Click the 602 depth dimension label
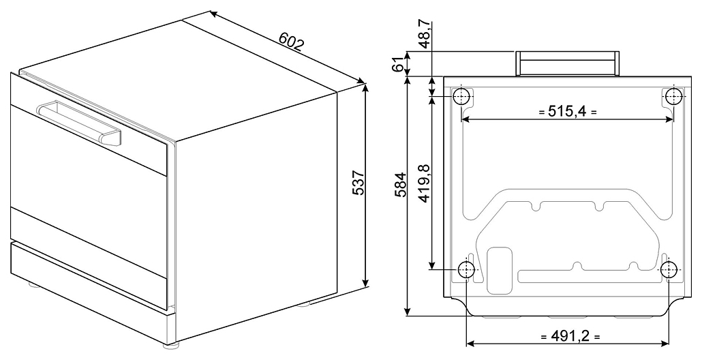click(x=291, y=43)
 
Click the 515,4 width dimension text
click(x=567, y=110)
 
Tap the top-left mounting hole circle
click(x=462, y=96)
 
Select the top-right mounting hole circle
click(x=673, y=96)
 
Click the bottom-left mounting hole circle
click(x=466, y=269)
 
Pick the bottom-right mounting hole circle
click(x=669, y=269)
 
